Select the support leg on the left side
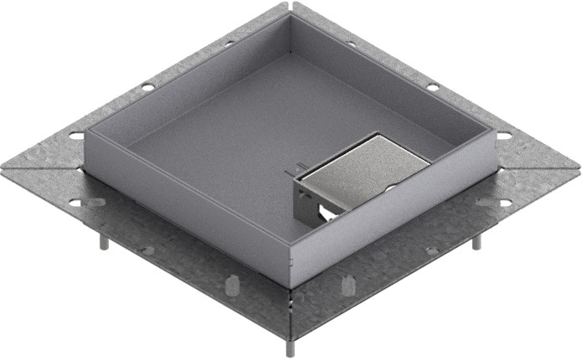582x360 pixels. tap(103, 242)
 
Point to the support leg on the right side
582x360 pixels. tap(476, 242)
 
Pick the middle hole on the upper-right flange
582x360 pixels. tap(432, 87)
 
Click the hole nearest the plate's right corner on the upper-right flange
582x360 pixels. tap(504, 135)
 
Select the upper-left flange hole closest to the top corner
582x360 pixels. tap(229, 43)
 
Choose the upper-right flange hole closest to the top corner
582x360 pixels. tap(351, 43)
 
